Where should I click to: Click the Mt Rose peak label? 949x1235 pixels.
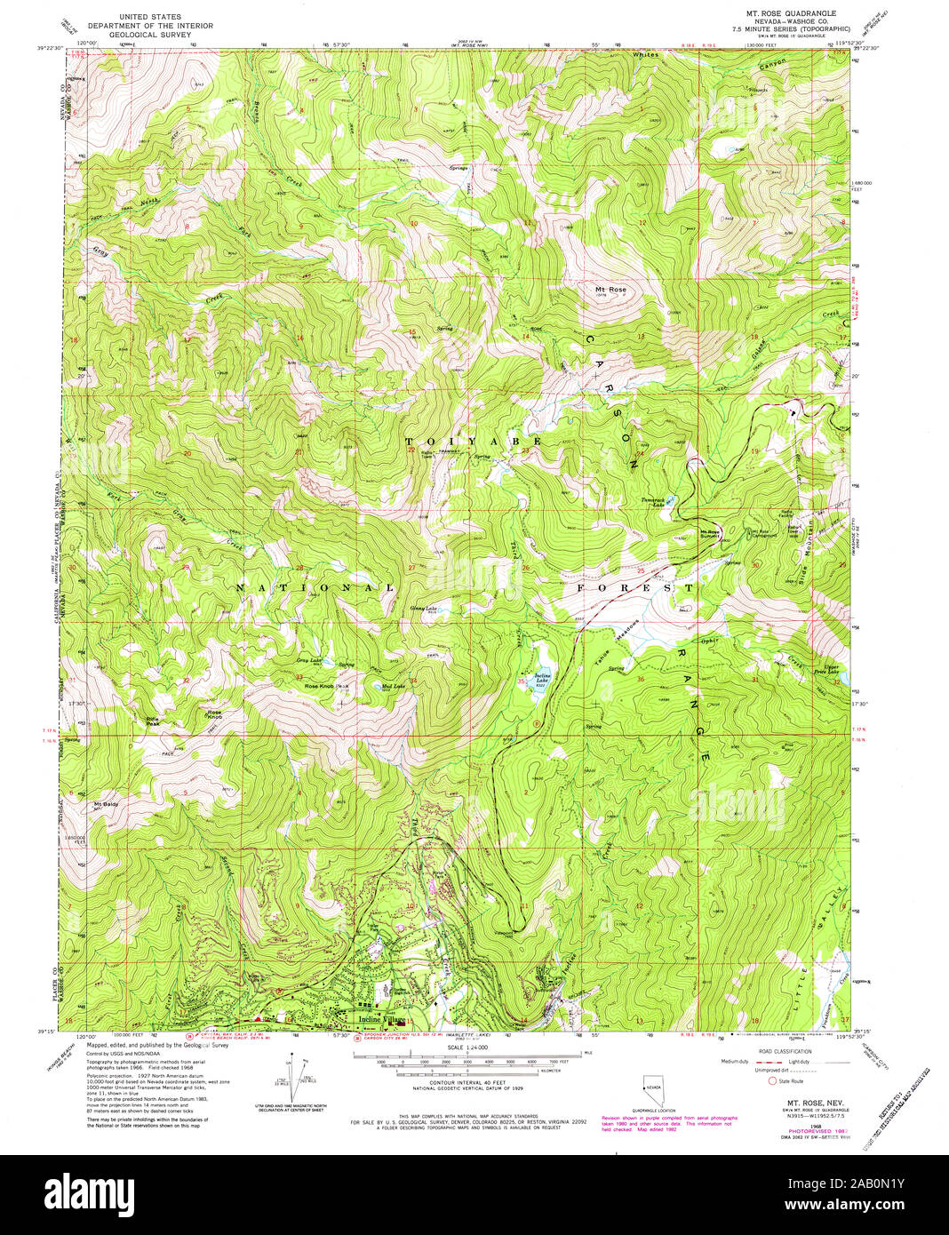pos(610,290)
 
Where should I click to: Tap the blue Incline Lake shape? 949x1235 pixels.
pos(540,682)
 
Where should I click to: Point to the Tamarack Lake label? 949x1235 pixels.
pos(659,502)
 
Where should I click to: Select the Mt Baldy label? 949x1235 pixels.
pos(106,805)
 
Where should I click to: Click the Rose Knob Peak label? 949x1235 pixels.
pos(327,687)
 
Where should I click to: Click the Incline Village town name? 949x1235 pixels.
pos(381,1019)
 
